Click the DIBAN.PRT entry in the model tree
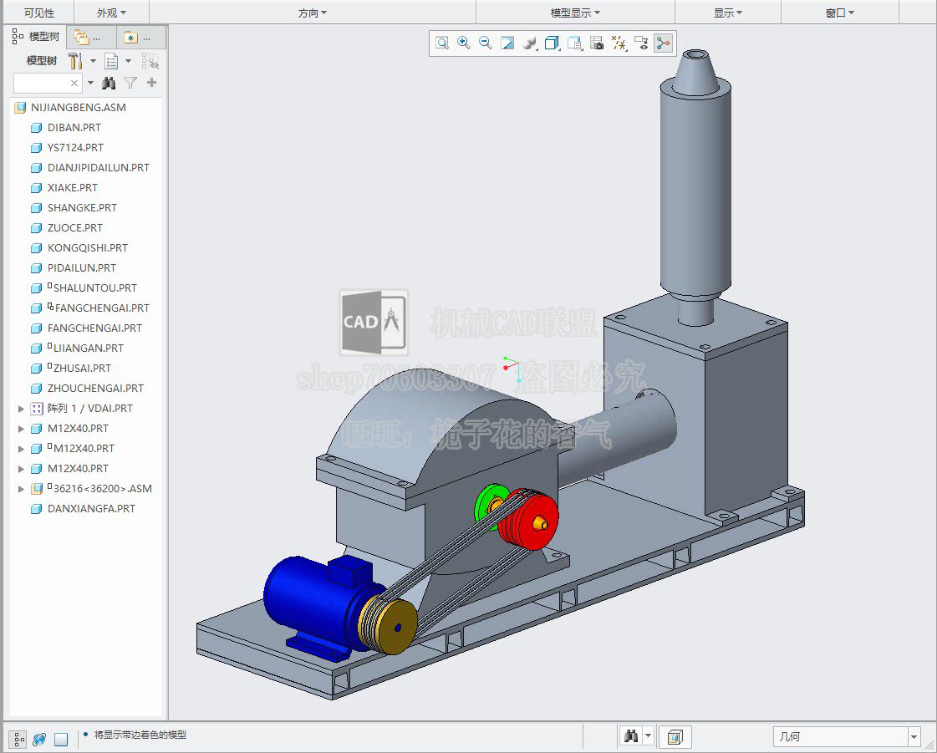74,128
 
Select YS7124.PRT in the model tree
75,148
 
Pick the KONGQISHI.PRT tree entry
87,248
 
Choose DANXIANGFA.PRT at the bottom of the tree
90,509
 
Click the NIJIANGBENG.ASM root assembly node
78,108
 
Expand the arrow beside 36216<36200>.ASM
22,489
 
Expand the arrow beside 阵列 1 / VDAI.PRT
22,409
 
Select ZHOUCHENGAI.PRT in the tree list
95,389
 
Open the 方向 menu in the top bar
312,13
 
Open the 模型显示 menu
574,13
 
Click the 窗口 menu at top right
838,13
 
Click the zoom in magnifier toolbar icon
464,43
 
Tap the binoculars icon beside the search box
109,83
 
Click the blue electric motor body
309,598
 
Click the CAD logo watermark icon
374,322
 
